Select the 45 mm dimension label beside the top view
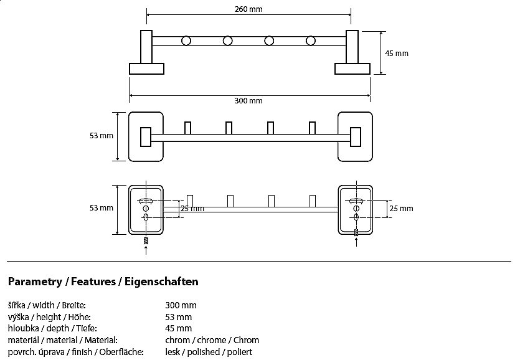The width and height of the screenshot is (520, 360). click(397, 54)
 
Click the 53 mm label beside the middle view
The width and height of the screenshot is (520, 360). click(102, 136)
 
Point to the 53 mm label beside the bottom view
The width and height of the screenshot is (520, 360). click(102, 208)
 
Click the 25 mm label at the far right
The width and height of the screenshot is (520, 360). click(401, 209)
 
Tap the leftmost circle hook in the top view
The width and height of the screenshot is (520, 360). click(186, 41)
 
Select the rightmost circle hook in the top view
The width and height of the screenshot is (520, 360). click(311, 41)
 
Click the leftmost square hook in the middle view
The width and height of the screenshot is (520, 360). click(188, 127)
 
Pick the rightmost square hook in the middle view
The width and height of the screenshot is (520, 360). click(313, 127)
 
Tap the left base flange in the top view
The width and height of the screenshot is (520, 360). click(146, 68)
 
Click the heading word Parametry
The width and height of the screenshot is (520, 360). click(35, 282)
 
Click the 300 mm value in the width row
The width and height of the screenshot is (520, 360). click(181, 305)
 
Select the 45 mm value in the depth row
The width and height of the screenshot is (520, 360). click(179, 328)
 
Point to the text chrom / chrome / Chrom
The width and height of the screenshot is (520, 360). click(212, 340)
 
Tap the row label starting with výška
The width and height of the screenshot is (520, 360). click(46, 317)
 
